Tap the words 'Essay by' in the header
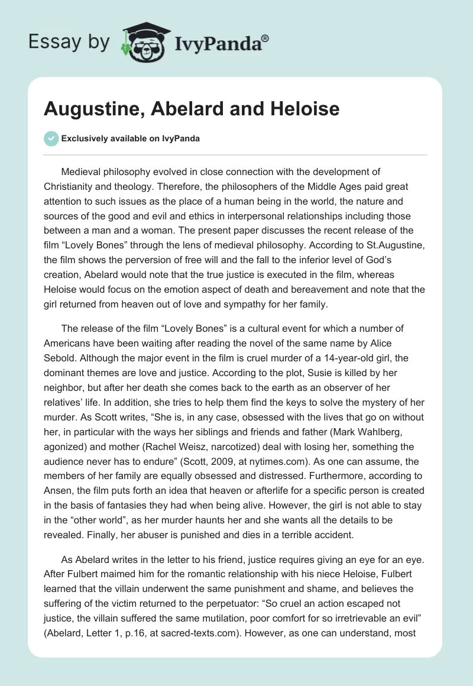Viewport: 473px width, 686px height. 69,42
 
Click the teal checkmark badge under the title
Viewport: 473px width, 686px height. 51,138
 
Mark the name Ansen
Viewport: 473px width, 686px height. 60,487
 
